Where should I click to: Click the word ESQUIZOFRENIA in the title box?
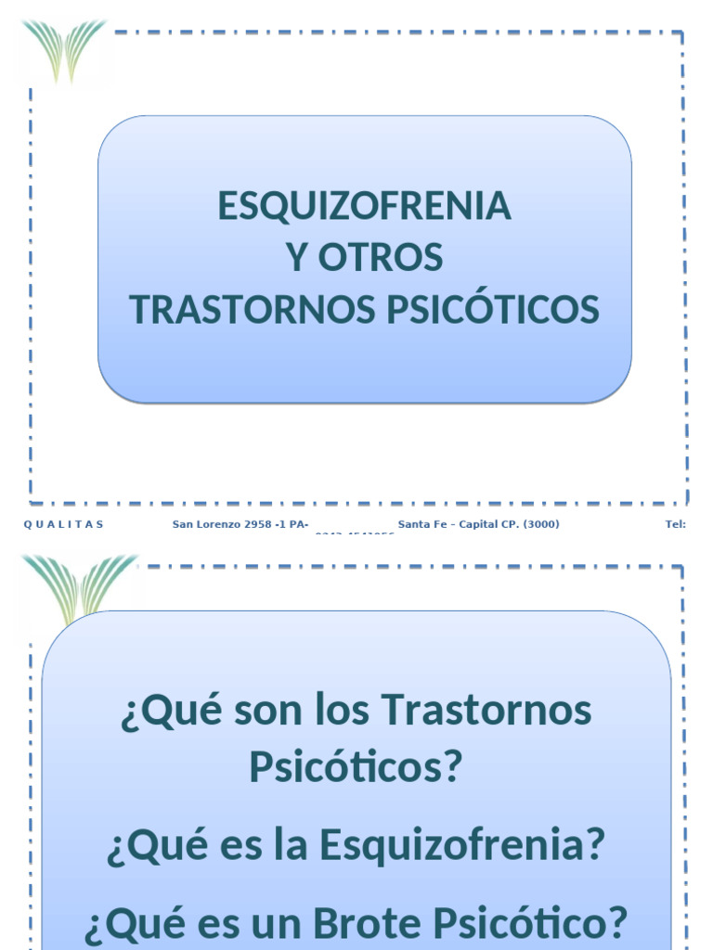364,206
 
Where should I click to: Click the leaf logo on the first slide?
65,50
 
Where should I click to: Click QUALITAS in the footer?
63,524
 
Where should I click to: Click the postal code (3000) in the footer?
541,524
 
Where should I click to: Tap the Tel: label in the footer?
675,524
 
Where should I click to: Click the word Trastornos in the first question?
486,712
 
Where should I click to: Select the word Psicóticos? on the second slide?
355,767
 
